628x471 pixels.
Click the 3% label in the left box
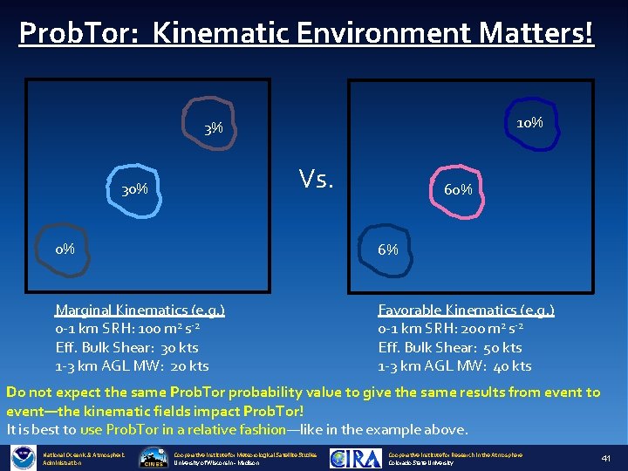(214, 129)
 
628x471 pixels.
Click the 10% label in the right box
(529, 123)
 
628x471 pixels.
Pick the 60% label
(458, 189)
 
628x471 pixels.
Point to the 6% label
(388, 249)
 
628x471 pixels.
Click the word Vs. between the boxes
(316, 179)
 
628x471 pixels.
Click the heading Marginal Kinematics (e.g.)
(140, 310)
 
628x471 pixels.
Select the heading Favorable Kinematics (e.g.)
(466, 310)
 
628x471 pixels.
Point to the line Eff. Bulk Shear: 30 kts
(126, 347)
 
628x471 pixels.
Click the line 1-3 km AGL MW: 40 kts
(454, 365)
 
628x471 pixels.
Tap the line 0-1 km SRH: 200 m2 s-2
(450, 329)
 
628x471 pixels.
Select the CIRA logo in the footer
(356, 458)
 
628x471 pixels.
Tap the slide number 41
(606, 458)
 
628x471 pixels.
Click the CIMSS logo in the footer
(154, 459)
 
